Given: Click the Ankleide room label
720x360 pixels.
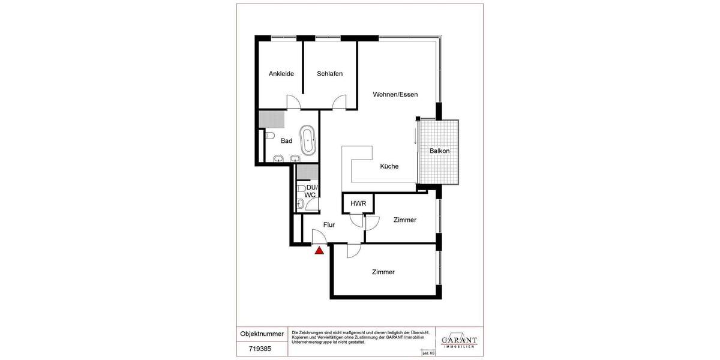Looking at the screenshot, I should click(281, 74).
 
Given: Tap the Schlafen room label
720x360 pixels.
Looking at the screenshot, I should click(330, 74).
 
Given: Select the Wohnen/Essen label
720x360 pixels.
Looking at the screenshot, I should click(395, 94).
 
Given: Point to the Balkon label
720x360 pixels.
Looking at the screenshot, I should click(439, 151).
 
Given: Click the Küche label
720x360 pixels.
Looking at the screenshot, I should click(389, 166).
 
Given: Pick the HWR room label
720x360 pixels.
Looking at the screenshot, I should click(358, 203).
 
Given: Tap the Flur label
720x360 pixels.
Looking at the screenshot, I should click(329, 225).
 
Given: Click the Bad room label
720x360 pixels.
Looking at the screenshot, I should click(286, 141).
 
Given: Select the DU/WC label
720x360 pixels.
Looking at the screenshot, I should click(310, 191).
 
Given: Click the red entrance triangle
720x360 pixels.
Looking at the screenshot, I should click(319, 250).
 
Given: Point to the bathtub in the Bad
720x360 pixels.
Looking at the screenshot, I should click(307, 140).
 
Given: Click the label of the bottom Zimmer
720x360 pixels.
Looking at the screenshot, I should click(383, 272).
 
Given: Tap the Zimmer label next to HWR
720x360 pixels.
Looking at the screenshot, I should click(405, 220).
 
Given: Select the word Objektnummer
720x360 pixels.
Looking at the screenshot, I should click(262, 334).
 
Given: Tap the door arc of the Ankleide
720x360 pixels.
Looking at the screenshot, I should click(293, 102).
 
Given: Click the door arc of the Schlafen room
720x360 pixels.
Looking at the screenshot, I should click(340, 102).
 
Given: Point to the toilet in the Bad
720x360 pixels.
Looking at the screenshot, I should click(269, 135).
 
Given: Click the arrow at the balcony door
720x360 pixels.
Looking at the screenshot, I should click(415, 138).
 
